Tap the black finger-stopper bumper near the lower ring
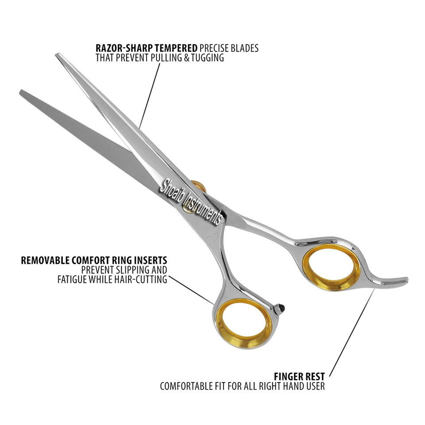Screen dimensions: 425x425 pos(280,308)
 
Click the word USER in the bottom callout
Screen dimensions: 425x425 pos(316,386)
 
